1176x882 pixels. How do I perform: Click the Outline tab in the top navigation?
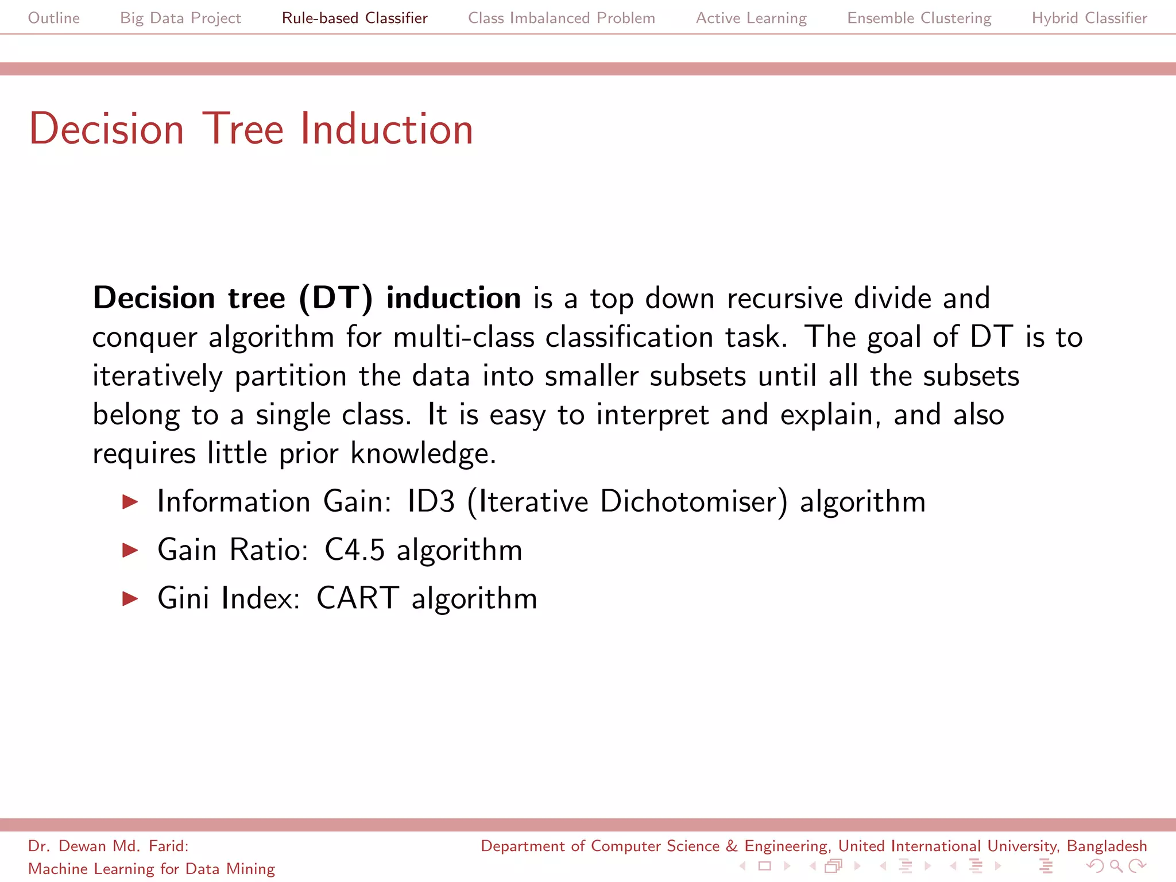click(x=54, y=18)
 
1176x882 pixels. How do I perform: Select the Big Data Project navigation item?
click(x=180, y=18)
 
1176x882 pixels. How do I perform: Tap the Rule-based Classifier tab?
click(x=354, y=18)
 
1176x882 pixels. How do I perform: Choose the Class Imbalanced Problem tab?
click(x=561, y=18)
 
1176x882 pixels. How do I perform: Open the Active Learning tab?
click(x=751, y=18)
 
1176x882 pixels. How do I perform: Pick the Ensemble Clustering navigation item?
click(x=919, y=18)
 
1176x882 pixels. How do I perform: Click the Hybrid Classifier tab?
click(x=1089, y=18)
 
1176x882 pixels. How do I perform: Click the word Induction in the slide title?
click(x=386, y=129)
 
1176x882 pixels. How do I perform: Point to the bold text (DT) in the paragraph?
click(x=336, y=298)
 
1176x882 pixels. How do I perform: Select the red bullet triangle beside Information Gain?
click(x=130, y=502)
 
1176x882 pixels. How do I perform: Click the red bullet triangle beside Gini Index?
click(x=130, y=599)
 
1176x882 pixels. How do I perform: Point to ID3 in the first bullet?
click(x=431, y=501)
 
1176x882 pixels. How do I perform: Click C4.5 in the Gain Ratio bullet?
click(x=354, y=550)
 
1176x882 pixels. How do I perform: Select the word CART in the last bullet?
click(x=357, y=598)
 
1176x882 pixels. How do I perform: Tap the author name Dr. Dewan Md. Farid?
click(x=108, y=846)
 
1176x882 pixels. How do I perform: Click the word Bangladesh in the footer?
click(x=1106, y=846)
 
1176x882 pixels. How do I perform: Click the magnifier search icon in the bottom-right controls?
click(x=1116, y=866)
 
